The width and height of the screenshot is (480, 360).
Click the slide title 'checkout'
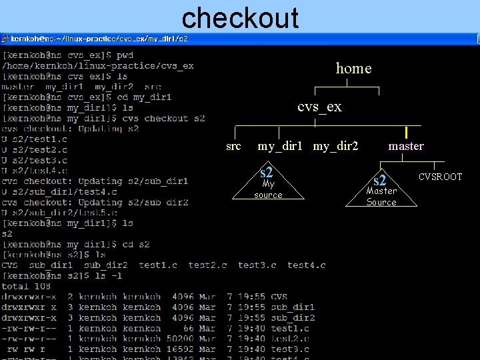pos(240,17)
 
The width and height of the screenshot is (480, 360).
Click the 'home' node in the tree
pos(353,68)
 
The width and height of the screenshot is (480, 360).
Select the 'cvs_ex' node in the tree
pos(319,107)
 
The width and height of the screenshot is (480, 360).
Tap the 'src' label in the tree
pos(233,146)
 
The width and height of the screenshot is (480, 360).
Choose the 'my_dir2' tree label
pos(336,146)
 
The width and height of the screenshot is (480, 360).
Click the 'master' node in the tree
pos(406,146)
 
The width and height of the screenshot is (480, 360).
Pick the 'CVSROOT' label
pos(440,177)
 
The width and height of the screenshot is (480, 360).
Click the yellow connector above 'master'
pos(406,132)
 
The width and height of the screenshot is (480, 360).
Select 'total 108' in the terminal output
pos(27,286)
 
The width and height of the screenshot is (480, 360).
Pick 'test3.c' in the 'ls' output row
pos(257,265)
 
